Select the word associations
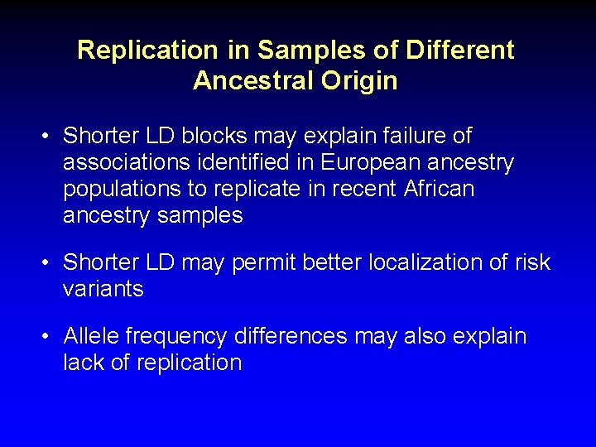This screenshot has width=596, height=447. click(128, 162)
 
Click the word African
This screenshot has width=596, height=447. click(439, 189)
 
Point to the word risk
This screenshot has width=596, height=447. click(531, 262)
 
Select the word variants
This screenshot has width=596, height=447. click(103, 290)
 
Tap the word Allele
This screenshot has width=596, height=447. click(91, 337)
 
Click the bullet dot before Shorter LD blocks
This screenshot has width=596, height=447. click(47, 136)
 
